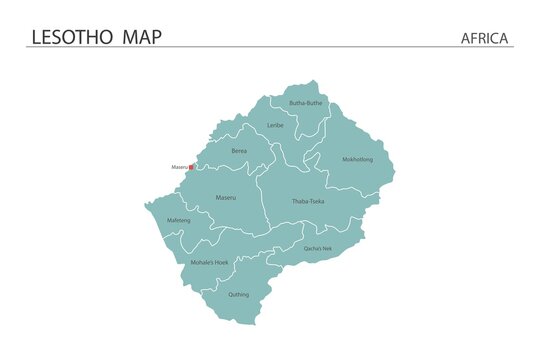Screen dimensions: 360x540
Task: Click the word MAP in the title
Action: [141, 37]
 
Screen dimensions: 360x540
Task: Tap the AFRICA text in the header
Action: [485, 38]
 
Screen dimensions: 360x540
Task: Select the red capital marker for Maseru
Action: [192, 168]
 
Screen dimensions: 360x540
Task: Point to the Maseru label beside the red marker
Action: [179, 167]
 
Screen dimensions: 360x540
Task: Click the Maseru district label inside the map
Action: [226, 198]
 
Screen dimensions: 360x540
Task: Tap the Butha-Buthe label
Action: [306, 103]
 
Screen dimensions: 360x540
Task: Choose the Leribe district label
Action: [275, 125]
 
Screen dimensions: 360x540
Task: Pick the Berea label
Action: [239, 150]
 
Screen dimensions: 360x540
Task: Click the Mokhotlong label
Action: [357, 159]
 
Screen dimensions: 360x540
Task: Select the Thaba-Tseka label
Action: [308, 201]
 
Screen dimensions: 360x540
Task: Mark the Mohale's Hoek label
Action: [210, 262]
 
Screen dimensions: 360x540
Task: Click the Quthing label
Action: [238, 294]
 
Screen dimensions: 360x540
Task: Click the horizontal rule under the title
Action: [270, 47]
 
